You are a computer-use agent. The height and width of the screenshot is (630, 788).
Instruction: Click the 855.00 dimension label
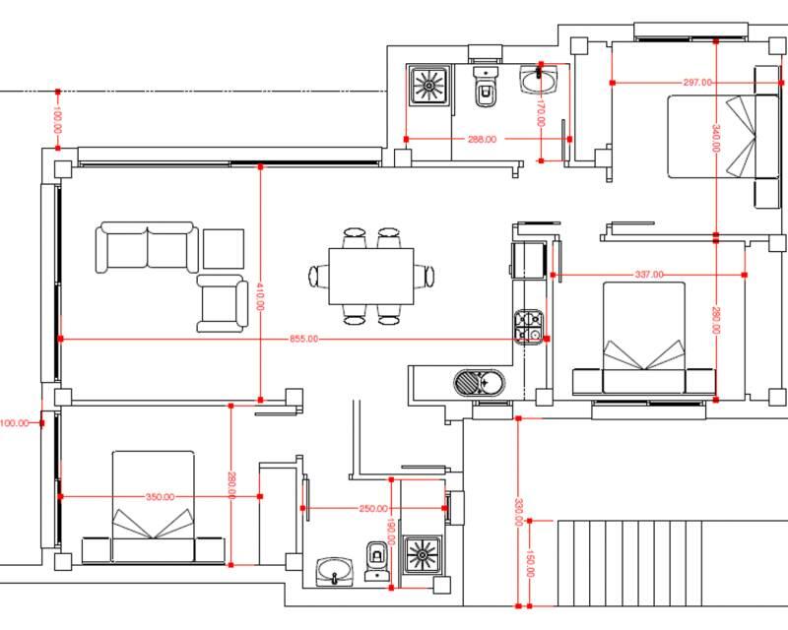(x=303, y=339)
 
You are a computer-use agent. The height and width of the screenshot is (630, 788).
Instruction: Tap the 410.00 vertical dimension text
(x=260, y=296)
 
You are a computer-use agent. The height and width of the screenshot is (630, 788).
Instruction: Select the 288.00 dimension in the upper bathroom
(x=482, y=139)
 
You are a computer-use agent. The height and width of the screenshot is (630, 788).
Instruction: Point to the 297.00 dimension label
(x=697, y=82)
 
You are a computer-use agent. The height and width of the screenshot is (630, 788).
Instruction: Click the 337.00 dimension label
(x=649, y=275)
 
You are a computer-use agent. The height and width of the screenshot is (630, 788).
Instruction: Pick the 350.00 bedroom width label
(x=160, y=497)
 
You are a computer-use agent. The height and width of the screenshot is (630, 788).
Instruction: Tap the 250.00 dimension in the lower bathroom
(x=373, y=508)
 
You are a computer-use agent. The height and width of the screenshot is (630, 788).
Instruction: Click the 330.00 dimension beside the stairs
(x=519, y=512)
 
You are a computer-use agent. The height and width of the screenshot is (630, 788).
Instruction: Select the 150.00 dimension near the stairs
(x=530, y=564)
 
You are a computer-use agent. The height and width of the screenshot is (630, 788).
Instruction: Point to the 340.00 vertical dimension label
(x=716, y=138)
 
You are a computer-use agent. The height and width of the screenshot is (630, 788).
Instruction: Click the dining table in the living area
(x=371, y=276)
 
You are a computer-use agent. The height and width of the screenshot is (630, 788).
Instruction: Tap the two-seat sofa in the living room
(x=147, y=247)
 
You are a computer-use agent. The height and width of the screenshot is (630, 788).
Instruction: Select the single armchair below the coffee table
(x=223, y=303)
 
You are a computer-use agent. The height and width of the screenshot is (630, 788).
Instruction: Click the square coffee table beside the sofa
(x=224, y=249)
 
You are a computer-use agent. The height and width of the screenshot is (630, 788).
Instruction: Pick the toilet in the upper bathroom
(x=486, y=87)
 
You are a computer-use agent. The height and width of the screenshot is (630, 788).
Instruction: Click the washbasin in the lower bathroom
(x=335, y=572)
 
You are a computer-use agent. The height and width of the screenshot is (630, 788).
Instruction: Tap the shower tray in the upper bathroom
(x=428, y=86)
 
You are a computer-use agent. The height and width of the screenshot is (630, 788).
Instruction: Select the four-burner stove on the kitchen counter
(x=529, y=327)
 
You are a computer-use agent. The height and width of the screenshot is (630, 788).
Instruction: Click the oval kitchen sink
(x=479, y=383)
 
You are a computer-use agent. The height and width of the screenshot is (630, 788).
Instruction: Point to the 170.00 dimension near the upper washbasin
(x=541, y=113)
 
